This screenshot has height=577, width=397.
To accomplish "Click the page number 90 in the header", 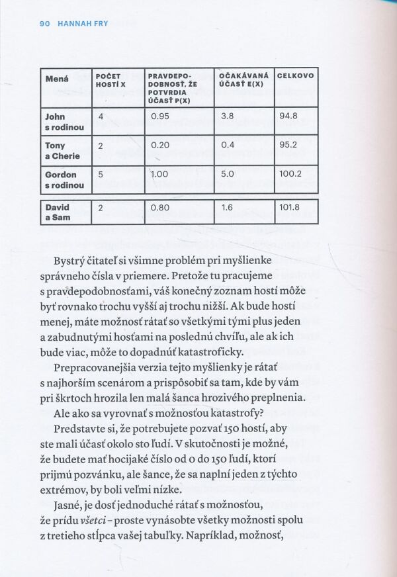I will (45, 24).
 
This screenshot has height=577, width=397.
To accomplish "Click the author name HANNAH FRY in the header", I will (83, 24).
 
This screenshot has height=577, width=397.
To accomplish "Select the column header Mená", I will (57, 79).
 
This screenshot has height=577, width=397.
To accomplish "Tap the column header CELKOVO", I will (295, 76).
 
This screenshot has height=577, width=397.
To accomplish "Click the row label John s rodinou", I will (64, 122).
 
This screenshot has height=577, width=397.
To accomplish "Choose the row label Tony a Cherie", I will (62, 151).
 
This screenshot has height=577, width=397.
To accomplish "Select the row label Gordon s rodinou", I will (64, 180).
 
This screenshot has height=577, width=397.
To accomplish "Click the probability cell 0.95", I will (161, 116).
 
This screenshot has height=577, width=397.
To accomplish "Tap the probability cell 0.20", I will (161, 146).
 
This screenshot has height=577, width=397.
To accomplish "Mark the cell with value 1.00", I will (161, 175).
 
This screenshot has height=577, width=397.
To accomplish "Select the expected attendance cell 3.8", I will (227, 116).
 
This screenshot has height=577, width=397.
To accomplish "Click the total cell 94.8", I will (288, 116).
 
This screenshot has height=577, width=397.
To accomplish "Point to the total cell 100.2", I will (290, 175).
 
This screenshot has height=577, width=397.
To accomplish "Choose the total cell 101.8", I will (290, 207).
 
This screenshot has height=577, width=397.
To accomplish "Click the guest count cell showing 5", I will (101, 175).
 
